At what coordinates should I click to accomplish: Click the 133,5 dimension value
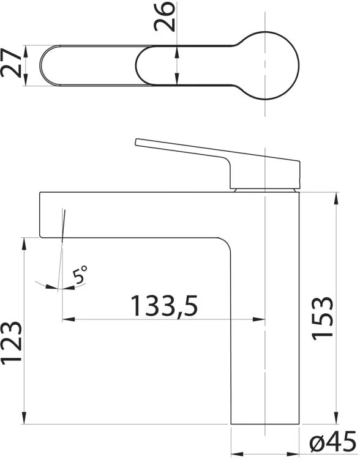(165, 306)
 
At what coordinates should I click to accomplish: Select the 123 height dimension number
(11, 344)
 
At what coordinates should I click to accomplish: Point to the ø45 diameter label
(333, 442)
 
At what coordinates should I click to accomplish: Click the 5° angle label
(80, 275)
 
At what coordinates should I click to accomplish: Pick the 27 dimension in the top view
(11, 64)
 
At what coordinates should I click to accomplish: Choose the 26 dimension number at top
(165, 16)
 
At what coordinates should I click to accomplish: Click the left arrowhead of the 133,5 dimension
(69, 319)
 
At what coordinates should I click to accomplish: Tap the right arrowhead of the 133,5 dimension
(259, 319)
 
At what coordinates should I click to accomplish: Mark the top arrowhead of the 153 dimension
(336, 198)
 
